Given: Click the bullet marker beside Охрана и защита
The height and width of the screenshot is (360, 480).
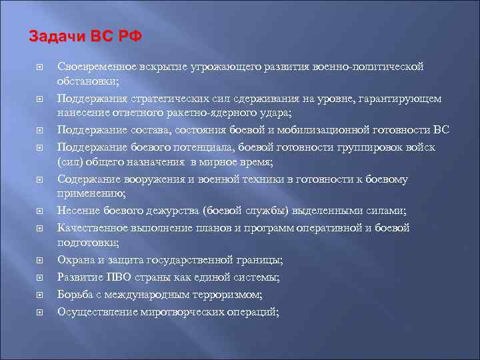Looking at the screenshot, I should [x=39, y=261].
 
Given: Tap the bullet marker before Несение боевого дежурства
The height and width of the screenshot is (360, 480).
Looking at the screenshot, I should [x=39, y=212].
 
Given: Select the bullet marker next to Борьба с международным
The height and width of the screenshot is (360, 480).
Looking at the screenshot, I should [x=39, y=294].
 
